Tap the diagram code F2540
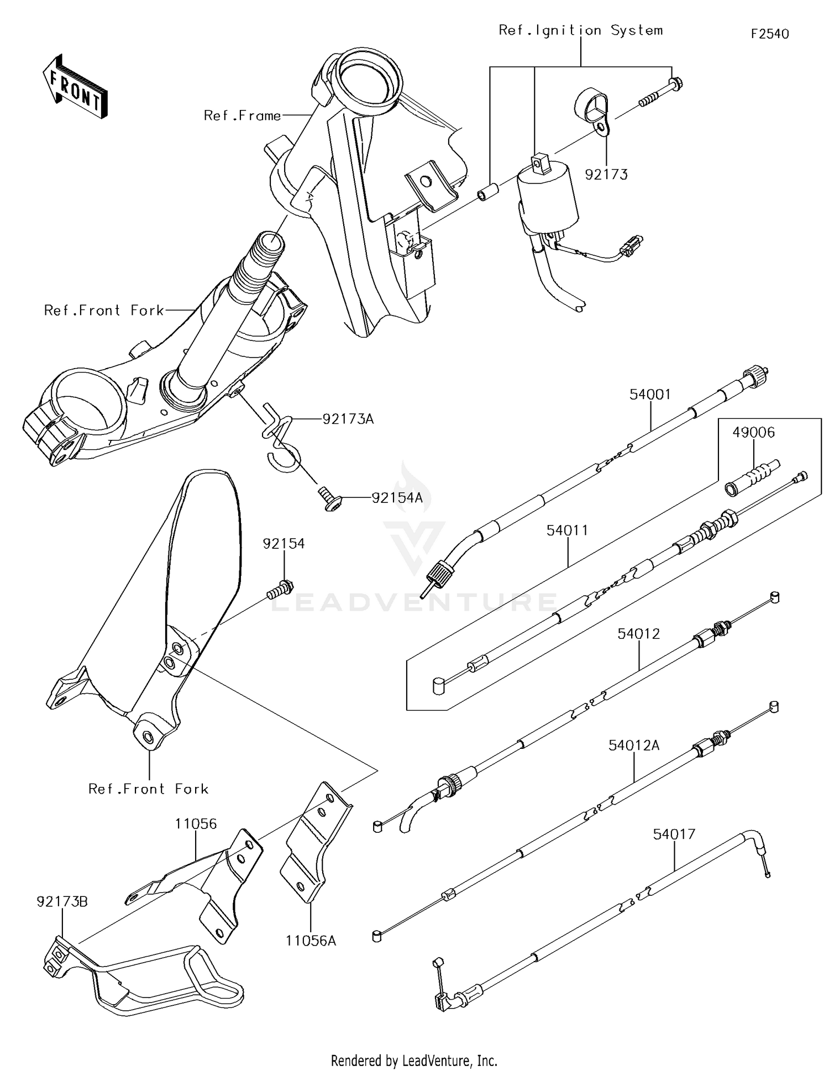pos(770,34)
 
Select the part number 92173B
pos(62,901)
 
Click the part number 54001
pos(650,395)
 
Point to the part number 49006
pos(754,433)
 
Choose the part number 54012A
pos(634,746)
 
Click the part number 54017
pos(674,834)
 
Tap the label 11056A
pos(311,940)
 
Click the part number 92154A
pos(397,498)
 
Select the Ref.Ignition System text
pos(580,30)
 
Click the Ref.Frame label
pos(242,116)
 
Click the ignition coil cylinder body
pos(547,199)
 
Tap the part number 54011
pos(568,531)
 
